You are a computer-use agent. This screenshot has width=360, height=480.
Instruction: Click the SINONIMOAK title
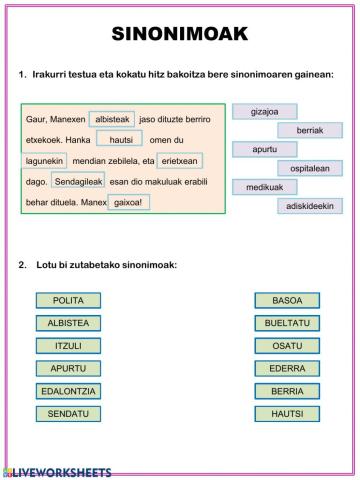[x=180, y=36]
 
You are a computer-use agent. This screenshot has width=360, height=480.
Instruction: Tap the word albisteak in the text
[x=112, y=120]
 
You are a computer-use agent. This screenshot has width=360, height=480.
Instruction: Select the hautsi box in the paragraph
[x=120, y=140]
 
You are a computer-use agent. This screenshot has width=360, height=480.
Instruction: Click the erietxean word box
[x=180, y=161]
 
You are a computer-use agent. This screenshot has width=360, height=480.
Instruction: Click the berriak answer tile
[x=310, y=130]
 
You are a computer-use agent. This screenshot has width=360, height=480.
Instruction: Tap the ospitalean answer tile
[x=310, y=168]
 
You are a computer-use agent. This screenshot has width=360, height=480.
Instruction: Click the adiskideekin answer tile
[x=310, y=206]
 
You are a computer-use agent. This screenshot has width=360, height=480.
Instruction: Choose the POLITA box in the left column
[x=68, y=300]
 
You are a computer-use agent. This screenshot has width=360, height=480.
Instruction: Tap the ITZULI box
[x=68, y=346]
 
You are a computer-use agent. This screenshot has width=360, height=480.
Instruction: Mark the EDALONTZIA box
[x=68, y=391]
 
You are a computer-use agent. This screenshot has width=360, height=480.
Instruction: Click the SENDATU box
[x=68, y=413]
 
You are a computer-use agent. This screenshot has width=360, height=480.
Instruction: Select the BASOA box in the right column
[x=287, y=300]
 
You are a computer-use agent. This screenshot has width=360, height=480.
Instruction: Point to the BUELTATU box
[x=287, y=323]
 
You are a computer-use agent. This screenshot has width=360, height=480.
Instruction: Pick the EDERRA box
[x=287, y=368]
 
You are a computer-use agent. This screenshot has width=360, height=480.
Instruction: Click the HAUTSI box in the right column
[x=287, y=413]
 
